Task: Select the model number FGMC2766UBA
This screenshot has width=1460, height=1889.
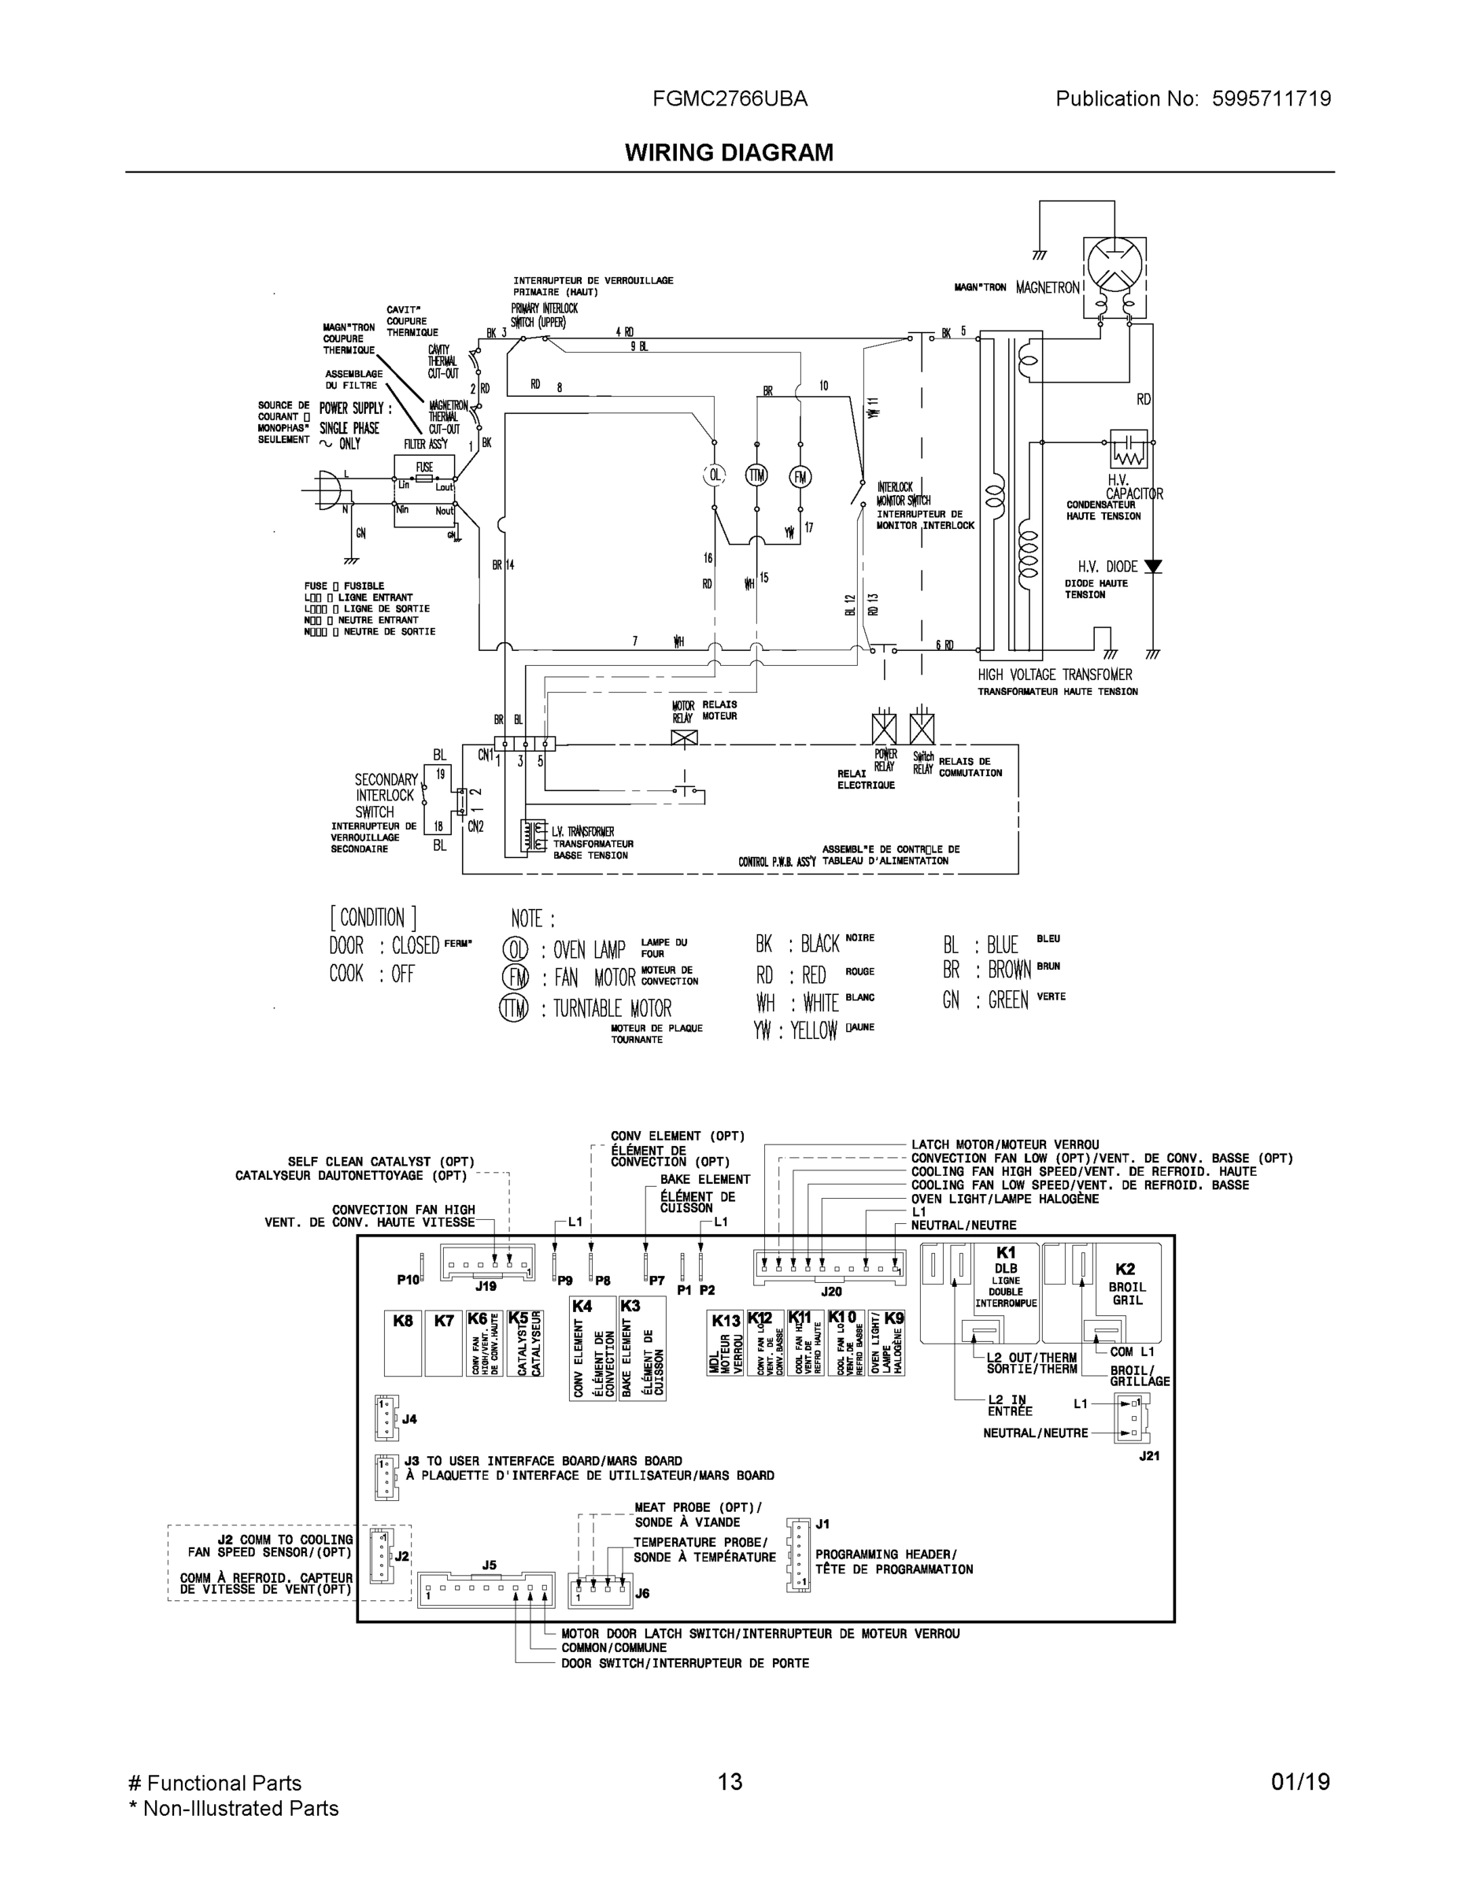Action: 730,98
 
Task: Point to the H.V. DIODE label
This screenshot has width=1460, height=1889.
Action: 1107,567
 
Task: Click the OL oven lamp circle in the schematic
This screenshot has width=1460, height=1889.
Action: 715,475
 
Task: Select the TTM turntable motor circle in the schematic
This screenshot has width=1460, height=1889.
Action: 757,475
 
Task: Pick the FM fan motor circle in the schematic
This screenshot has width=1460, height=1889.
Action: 800,476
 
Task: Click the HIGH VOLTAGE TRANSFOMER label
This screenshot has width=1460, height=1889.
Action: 1055,675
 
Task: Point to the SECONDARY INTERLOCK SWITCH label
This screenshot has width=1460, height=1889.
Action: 385,796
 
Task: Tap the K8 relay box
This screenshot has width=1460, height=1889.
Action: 403,1342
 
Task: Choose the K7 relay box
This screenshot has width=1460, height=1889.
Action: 444,1342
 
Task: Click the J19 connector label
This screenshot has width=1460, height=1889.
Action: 486,1287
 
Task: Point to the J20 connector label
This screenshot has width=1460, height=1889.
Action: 830,1292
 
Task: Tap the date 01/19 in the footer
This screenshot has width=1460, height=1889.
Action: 1300,1782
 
